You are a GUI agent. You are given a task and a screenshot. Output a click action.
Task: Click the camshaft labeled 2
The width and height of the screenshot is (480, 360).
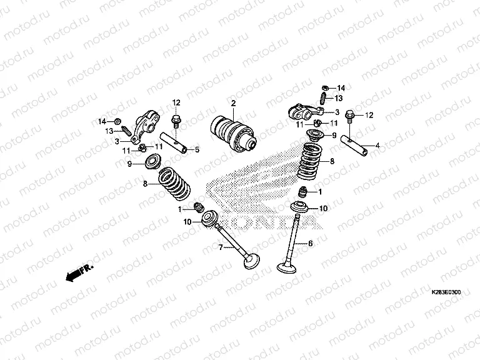[233, 134]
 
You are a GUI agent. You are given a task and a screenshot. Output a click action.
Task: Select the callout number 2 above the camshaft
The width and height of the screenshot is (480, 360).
[234, 103]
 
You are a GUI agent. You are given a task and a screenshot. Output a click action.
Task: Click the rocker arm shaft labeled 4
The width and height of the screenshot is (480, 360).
[354, 146]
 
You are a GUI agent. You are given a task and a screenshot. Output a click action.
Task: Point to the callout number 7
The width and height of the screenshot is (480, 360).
[221, 247]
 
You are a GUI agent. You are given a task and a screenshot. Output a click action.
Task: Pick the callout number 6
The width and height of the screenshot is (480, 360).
[311, 243]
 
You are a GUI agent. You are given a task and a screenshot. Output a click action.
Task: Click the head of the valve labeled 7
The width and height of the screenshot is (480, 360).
[252, 262]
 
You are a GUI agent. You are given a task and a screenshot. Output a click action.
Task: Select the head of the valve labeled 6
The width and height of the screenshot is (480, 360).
[287, 268]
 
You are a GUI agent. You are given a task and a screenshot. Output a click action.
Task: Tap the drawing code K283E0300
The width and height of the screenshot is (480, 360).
[446, 292]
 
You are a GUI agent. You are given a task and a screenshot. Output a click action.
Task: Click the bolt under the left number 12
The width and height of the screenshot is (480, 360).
[176, 121]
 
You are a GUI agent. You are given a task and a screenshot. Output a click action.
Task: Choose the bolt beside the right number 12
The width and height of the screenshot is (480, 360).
[350, 117]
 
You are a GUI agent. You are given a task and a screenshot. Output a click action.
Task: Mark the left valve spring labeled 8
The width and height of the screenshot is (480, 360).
[174, 183]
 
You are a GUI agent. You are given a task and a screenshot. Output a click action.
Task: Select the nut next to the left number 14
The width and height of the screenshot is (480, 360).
[117, 121]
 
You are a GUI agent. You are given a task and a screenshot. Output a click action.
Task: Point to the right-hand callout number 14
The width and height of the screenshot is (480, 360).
[341, 88]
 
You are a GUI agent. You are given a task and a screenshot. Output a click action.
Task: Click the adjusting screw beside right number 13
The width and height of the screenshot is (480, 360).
[323, 98]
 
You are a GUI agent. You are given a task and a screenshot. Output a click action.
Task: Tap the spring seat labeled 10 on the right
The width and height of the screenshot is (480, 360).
[301, 207]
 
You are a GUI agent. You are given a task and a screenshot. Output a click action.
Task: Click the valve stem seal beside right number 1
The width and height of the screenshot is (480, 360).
[302, 192]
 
